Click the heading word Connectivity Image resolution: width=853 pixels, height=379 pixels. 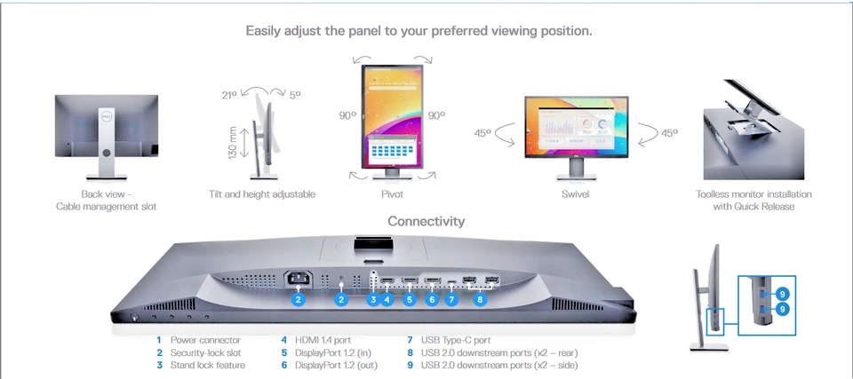[426, 221]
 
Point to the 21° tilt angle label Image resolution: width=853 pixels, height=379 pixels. [228, 94]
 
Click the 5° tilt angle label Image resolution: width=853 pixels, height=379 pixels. [295, 94]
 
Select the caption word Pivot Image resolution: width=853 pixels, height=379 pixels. [391, 193]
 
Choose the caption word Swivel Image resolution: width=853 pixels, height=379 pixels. [574, 193]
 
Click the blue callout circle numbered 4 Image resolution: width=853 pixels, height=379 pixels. [387, 300]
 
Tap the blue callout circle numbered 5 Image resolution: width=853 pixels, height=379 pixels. [410, 300]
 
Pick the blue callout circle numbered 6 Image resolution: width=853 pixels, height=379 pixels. [432, 300]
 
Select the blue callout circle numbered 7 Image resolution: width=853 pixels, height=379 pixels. [452, 300]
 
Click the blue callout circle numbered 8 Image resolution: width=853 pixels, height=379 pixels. [481, 300]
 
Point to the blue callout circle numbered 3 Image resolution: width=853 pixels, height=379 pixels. [373, 300]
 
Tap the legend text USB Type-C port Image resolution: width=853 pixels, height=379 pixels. [456, 340]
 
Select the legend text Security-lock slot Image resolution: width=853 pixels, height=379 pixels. [204, 352]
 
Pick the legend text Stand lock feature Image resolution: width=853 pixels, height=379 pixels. [207, 365]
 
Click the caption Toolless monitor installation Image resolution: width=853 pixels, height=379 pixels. [753, 193]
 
